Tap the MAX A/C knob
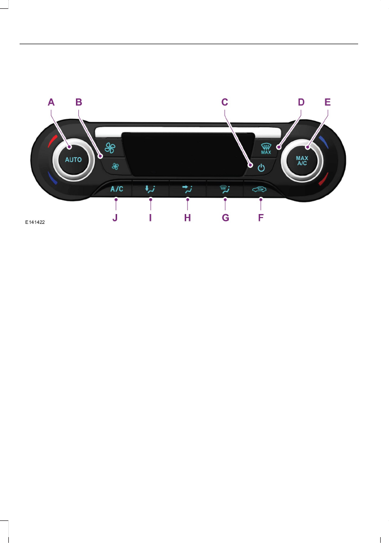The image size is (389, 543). [301, 160]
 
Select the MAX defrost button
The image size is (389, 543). [266, 148]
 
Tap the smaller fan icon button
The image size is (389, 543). [115, 166]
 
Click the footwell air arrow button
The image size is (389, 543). [151, 188]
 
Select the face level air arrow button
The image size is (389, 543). [188, 188]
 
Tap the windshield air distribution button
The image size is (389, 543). [224, 188]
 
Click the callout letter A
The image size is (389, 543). [51, 102]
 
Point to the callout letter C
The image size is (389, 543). [224, 102]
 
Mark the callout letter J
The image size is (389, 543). [115, 217]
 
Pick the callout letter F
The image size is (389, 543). [261, 217]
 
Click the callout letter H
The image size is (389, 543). [187, 217]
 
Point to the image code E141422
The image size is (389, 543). [36, 222]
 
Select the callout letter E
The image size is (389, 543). [328, 102]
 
